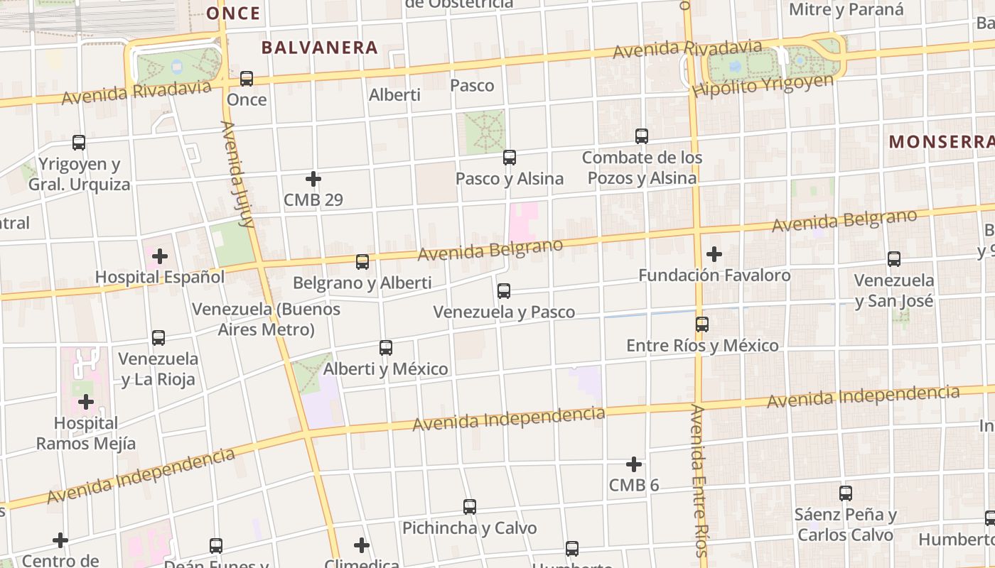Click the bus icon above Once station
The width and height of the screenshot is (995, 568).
(247, 78)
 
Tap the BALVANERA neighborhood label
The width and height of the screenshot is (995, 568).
(319, 48)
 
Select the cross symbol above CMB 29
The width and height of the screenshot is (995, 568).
(313, 179)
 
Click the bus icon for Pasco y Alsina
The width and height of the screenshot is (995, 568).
(510, 158)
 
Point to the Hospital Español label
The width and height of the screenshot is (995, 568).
(160, 277)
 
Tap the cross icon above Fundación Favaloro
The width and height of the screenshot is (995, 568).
(714, 253)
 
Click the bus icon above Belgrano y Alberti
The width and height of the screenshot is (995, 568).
(362, 262)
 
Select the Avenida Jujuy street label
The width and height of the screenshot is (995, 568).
(237, 174)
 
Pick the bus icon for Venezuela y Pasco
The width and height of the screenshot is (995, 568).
(504, 290)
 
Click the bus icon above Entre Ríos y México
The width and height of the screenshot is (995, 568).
(702, 324)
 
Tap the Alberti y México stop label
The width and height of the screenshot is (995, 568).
(386, 369)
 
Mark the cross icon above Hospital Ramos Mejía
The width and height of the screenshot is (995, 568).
(86, 403)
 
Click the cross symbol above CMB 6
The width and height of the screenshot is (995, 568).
(634, 464)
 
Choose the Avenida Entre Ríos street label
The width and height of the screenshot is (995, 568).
(699, 481)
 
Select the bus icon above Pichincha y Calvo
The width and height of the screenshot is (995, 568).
(470, 507)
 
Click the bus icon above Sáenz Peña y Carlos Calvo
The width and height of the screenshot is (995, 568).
(846, 493)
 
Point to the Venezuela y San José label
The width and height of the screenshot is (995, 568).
(894, 290)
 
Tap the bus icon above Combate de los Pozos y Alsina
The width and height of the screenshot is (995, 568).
(642, 136)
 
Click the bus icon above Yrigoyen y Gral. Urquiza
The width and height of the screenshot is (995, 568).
(79, 143)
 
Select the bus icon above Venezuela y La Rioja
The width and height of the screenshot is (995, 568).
(158, 338)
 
